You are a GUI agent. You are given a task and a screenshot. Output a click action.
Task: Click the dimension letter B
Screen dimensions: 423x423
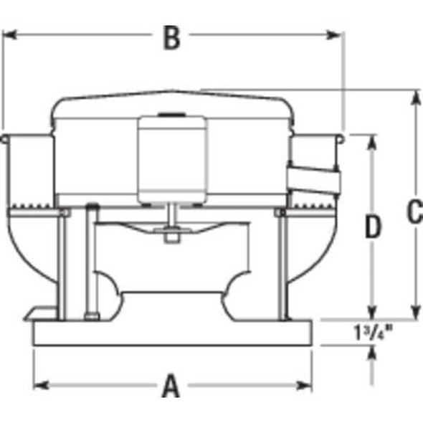click(171, 39)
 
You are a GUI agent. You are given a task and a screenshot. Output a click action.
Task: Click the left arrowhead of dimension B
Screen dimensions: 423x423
click(10, 35)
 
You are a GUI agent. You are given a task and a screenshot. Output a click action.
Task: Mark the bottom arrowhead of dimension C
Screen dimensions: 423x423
click(414, 313)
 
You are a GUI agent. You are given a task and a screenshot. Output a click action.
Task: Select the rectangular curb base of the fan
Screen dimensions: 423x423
click(172, 334)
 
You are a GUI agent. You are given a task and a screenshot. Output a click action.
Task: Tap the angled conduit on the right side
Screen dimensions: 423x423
click(313, 179)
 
